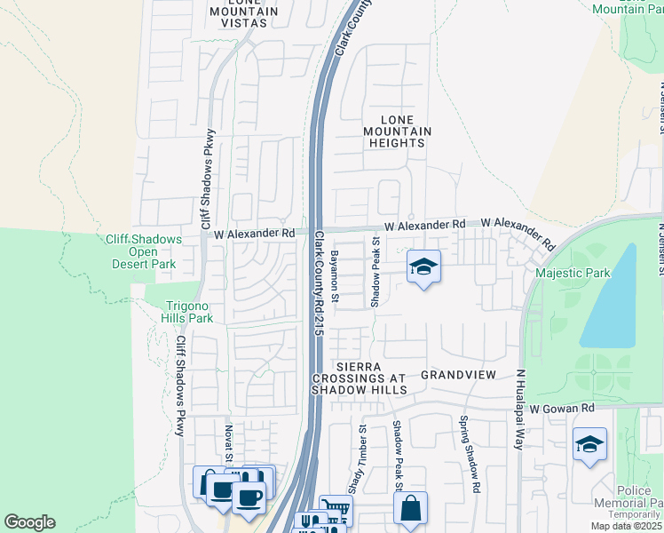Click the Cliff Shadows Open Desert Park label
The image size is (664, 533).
(x=144, y=251)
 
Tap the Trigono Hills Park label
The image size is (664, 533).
(x=188, y=312)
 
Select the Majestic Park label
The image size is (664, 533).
(x=573, y=273)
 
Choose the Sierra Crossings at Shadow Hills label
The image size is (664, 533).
(x=360, y=378)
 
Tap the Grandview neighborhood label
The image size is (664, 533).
(x=458, y=375)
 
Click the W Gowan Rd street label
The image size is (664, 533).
(x=561, y=408)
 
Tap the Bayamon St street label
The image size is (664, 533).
(x=336, y=276)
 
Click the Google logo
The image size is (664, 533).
(x=29, y=522)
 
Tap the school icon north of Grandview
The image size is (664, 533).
(x=424, y=266)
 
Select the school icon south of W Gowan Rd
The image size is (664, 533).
(x=589, y=444)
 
